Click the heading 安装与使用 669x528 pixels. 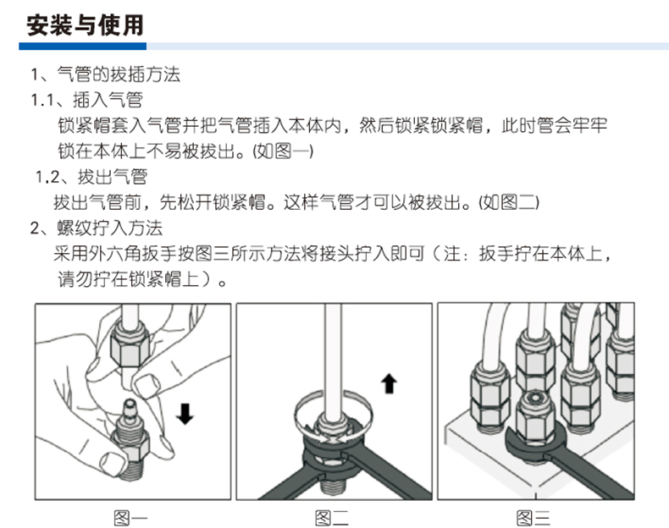[85, 25]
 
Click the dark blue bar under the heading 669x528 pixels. [83, 46]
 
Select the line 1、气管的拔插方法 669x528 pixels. [105, 74]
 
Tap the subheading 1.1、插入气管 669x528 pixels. [86, 100]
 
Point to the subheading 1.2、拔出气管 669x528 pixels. [91, 177]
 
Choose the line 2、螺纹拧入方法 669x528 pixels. [97, 228]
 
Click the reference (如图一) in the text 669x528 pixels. [283, 151]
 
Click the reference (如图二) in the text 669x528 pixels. [509, 202]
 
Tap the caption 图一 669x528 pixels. [130, 518]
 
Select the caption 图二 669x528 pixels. [332, 518]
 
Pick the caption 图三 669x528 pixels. [534, 518]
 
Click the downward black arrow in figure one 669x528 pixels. [185, 414]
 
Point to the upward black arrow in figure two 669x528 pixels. [389, 383]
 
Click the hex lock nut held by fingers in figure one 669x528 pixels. [130, 345]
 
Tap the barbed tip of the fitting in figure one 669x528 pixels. [130, 408]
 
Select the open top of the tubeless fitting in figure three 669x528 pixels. [534, 398]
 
